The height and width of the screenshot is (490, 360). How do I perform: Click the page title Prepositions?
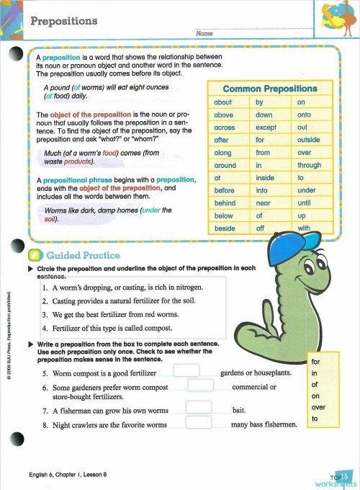[64, 21]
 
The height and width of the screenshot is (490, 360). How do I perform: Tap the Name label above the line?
[204, 33]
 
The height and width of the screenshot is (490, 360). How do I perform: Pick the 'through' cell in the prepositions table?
[308, 165]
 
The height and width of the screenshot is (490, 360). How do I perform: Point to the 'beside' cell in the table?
[225, 228]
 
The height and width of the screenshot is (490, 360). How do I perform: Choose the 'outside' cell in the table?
[308, 140]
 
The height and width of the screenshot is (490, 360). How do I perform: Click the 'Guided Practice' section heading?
[83, 255]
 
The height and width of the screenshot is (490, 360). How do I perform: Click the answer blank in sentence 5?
[186, 370]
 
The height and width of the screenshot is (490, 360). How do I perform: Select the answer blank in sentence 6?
[200, 385]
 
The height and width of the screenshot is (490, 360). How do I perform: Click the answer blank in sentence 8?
[199, 422]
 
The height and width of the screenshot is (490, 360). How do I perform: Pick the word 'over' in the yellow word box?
[318, 406]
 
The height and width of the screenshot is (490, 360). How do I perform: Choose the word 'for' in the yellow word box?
[315, 362]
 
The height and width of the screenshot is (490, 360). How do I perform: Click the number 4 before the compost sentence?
[44, 327]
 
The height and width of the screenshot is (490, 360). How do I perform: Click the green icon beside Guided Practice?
[34, 255]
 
